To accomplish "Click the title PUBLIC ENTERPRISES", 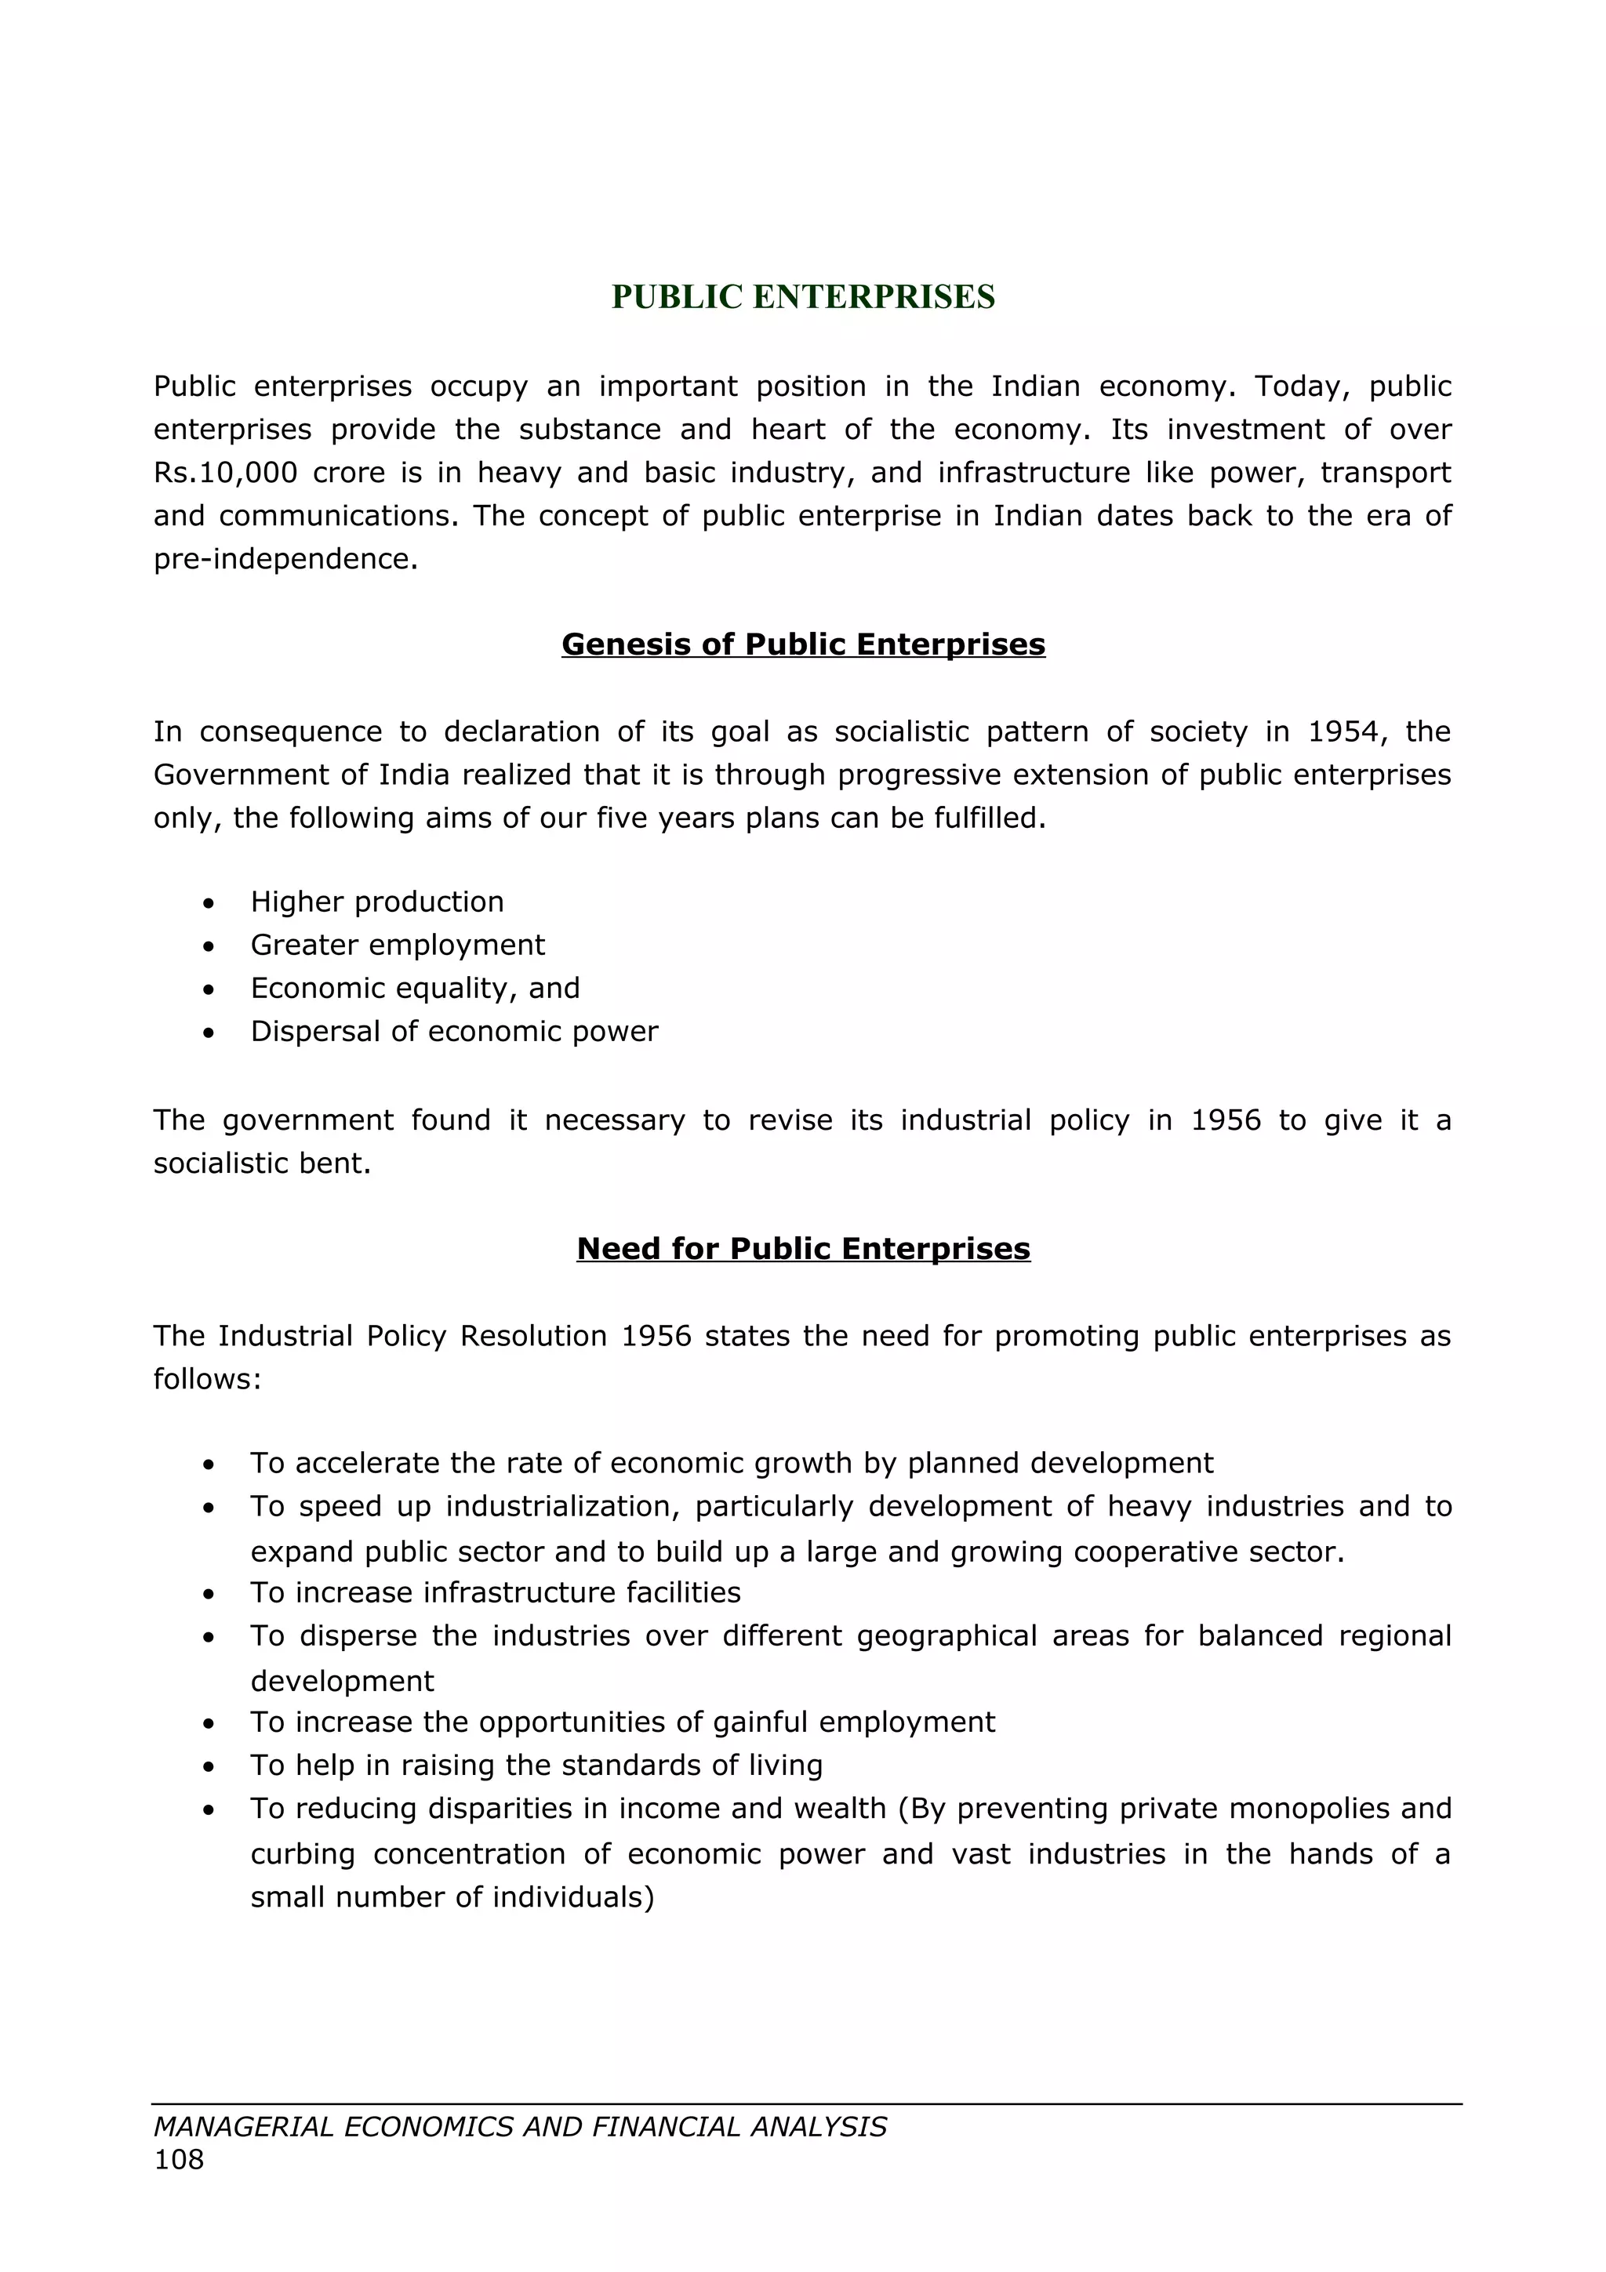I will [x=802, y=297].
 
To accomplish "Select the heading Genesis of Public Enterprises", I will [x=802, y=644].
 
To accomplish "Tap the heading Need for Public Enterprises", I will [x=802, y=1248].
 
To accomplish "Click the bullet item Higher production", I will [x=377, y=902].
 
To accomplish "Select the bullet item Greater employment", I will [x=397, y=945].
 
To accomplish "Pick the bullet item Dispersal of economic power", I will [x=454, y=1031].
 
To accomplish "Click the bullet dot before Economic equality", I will [x=208, y=989].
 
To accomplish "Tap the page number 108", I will [x=178, y=2159].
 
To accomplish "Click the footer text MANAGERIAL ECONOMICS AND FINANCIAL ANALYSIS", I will [x=519, y=2126].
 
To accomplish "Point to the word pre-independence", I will [x=285, y=559].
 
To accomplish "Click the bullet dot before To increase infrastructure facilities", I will [x=208, y=1594].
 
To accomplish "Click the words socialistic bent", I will [x=261, y=1163].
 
